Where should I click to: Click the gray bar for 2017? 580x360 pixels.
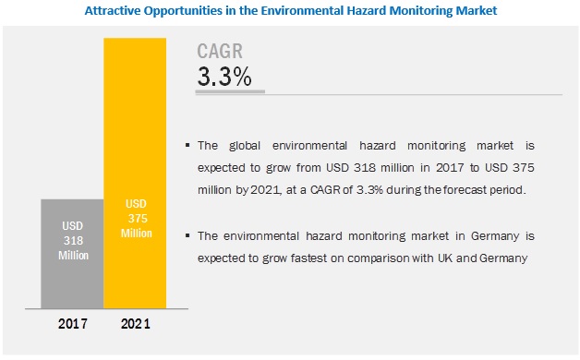coord(72,254)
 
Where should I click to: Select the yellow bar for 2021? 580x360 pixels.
coord(135,173)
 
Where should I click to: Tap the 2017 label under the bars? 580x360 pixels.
coord(72,324)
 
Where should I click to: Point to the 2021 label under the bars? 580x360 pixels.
coord(136,324)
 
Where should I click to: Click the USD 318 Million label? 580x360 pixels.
coord(73,241)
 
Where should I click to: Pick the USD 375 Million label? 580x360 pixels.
coord(137,219)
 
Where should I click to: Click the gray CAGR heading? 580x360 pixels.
coord(220,51)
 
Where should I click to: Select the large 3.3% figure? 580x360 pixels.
coord(224,77)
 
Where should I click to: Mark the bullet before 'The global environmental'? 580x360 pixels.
coord(187,145)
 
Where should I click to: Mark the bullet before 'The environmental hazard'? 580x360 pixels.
coord(187,235)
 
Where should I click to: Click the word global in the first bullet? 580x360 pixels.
coord(245,146)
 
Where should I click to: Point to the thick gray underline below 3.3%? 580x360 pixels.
coord(230,91)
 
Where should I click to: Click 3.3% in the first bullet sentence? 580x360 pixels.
coord(369,190)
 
